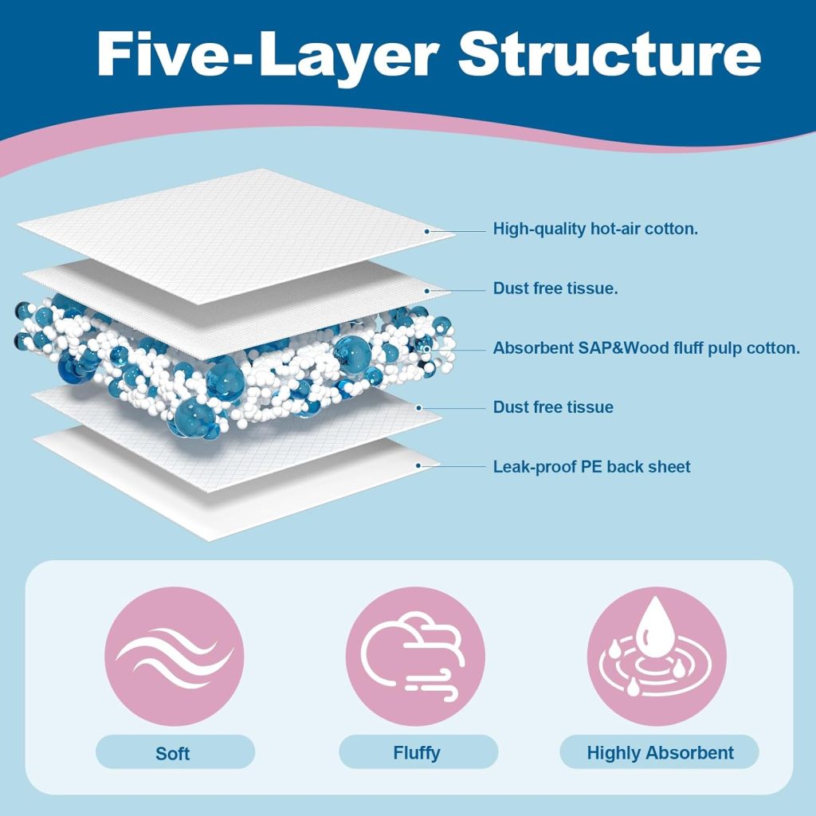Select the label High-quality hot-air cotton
tap(595, 229)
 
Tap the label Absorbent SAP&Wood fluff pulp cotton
tap(646, 348)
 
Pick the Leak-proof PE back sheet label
tap(591, 466)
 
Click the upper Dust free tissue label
tap(555, 288)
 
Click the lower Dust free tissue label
tap(553, 407)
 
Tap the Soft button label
tap(174, 752)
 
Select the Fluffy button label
tap(416, 752)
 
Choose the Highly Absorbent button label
tap(660, 752)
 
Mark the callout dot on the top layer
tap(427, 231)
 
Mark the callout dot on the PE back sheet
tap(417, 465)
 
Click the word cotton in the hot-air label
tap(671, 229)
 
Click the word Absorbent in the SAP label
tap(531, 348)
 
